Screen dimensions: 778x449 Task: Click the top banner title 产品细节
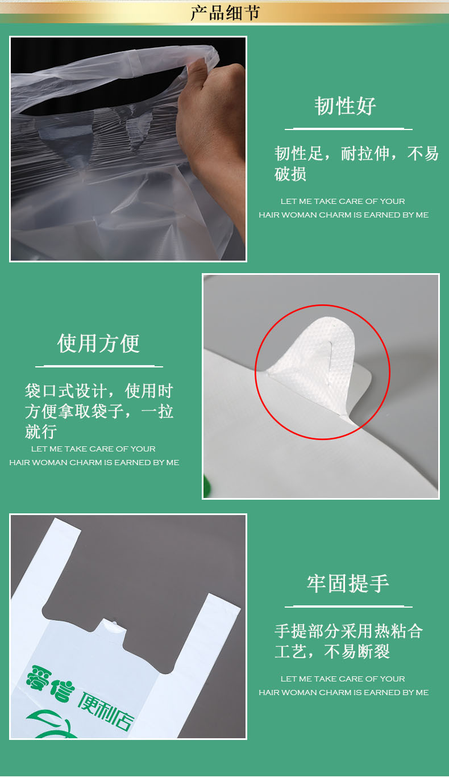(x=224, y=12)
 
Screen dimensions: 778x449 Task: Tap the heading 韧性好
(x=346, y=106)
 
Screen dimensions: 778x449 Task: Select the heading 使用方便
(x=98, y=344)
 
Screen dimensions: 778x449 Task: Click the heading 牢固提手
(x=348, y=584)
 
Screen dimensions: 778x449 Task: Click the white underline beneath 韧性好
(x=348, y=129)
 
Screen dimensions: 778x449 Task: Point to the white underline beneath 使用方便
(x=99, y=366)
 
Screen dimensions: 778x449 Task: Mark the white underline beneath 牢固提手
(x=348, y=606)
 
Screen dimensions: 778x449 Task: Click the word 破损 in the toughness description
(x=290, y=174)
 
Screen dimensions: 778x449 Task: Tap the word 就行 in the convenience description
(x=41, y=431)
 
